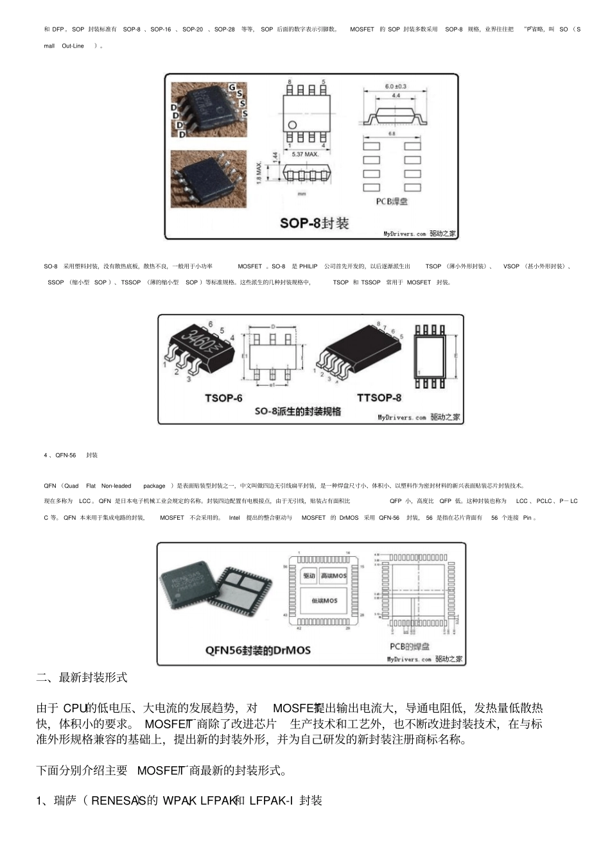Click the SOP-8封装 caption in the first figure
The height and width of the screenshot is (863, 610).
(x=314, y=223)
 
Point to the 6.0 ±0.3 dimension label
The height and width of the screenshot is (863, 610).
(x=396, y=86)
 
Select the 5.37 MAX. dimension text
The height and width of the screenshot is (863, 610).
(x=305, y=154)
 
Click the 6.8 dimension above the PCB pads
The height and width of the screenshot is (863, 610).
(x=392, y=134)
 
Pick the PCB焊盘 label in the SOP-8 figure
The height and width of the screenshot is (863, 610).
(x=392, y=201)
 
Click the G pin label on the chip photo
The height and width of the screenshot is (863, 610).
(x=232, y=87)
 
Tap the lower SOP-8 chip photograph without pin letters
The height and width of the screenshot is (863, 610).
(x=208, y=178)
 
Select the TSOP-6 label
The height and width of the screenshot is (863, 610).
(x=223, y=398)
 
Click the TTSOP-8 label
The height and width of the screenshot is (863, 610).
(x=379, y=398)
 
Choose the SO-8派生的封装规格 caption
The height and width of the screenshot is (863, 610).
(x=298, y=411)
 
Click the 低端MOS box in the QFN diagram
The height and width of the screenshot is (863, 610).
(x=324, y=601)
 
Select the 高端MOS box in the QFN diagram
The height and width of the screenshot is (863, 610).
(x=333, y=576)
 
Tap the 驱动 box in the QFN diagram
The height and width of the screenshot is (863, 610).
(x=309, y=576)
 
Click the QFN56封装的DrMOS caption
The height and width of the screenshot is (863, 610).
(x=258, y=650)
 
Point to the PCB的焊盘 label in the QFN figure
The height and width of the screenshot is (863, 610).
(x=410, y=647)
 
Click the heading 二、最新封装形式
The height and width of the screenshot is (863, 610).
(x=82, y=678)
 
